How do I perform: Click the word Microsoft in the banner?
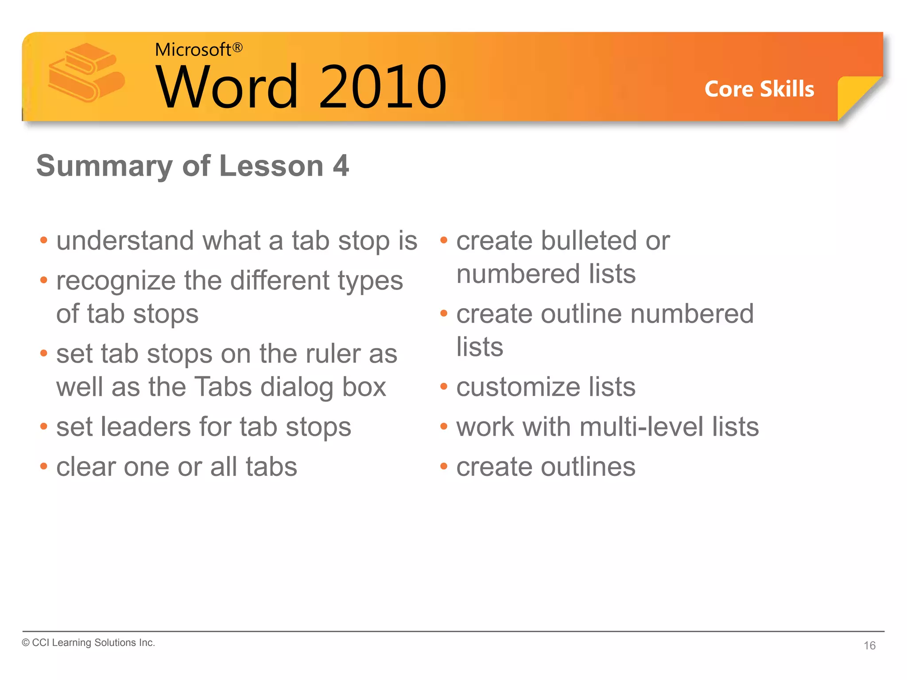pyautogui.click(x=193, y=50)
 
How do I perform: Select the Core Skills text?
pyautogui.click(x=759, y=89)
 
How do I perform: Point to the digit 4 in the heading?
pyautogui.click(x=341, y=166)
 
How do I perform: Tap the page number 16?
pyautogui.click(x=869, y=645)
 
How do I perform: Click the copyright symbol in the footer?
pyautogui.click(x=26, y=643)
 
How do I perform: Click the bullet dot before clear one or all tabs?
pyautogui.click(x=43, y=466)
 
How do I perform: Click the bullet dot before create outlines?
pyautogui.click(x=444, y=466)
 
